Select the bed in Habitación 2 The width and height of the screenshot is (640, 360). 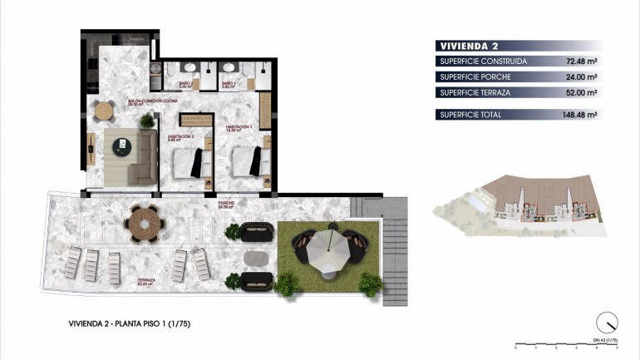click(189, 162)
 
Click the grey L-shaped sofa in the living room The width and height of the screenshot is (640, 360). click(135, 157)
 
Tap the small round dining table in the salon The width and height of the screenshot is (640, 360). click(103, 110)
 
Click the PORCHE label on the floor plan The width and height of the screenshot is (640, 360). click(225, 205)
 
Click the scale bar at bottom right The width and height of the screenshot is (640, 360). click(566, 343)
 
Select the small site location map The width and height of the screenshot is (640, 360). click(518, 204)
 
